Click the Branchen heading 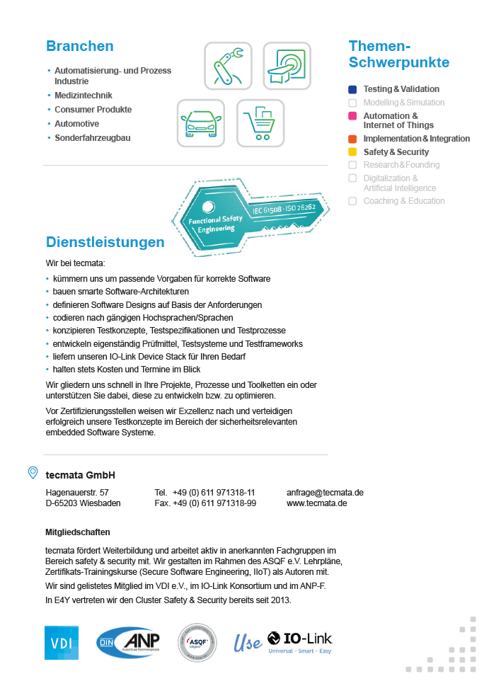coord(80,47)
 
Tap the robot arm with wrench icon coord(228,66)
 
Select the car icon coord(200,123)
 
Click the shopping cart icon coord(260,123)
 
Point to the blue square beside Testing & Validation coord(352,90)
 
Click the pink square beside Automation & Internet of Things coord(352,116)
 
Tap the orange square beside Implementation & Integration coord(352,139)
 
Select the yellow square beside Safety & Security coord(352,152)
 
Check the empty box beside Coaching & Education coord(352,201)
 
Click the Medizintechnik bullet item coord(83,96)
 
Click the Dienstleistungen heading coord(105,242)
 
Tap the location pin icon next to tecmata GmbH coord(33,473)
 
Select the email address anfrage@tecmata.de coord(325,492)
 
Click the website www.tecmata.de coord(316,503)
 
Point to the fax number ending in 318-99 coord(205,503)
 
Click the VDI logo coord(62,643)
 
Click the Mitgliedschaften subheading coord(78,532)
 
